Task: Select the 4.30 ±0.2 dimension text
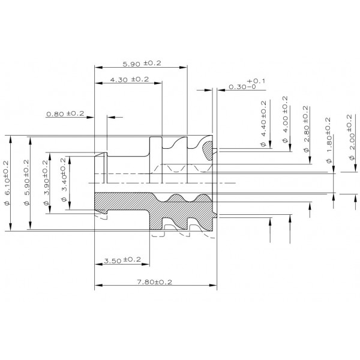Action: [130, 79]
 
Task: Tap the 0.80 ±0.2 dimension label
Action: [65, 113]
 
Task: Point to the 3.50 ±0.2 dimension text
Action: [122, 260]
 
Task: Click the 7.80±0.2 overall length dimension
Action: [155, 282]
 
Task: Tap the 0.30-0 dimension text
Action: [242, 87]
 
